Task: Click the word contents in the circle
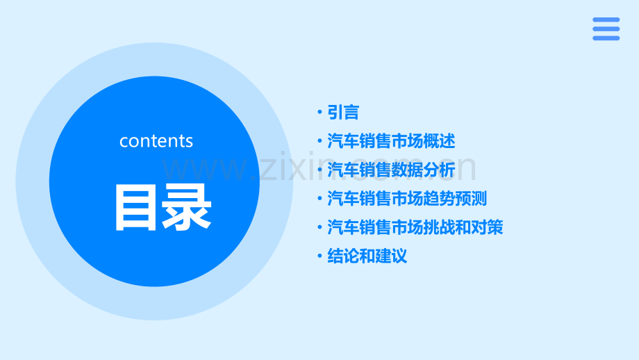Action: point(156,141)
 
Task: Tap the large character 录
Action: point(186,206)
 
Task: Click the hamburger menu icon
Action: point(606,28)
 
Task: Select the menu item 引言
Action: point(343,112)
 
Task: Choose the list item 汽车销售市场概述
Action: point(391,141)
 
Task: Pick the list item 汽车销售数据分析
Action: point(391,170)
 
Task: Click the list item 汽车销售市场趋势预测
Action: point(407,199)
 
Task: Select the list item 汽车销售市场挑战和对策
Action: point(415,227)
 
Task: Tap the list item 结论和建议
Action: point(367,256)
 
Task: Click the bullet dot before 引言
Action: point(319,113)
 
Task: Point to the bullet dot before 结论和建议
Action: point(319,256)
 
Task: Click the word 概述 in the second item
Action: point(440,141)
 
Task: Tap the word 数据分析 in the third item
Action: point(424,170)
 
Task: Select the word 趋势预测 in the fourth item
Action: point(456,199)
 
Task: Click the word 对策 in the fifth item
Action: point(488,227)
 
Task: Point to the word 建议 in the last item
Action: point(391,256)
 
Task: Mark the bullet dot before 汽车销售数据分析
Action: point(319,170)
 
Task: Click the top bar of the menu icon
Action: point(606,19)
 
